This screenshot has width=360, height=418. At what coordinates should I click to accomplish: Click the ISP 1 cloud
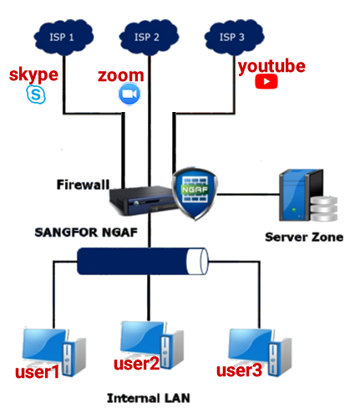(x=63, y=38)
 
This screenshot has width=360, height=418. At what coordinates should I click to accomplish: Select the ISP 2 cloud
(x=149, y=38)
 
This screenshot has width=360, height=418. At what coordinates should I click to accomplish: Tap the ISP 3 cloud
(x=234, y=38)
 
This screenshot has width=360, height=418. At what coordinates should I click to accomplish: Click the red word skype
(x=33, y=74)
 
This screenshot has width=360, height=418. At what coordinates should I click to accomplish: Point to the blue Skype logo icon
(x=36, y=94)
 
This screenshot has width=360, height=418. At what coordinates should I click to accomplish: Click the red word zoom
(x=121, y=75)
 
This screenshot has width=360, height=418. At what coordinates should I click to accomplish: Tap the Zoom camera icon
(x=129, y=94)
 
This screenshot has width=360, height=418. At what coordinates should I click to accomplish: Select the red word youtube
(x=271, y=67)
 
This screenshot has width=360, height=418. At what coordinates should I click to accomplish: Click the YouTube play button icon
(x=266, y=81)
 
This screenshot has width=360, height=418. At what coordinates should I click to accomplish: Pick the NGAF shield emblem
(x=195, y=193)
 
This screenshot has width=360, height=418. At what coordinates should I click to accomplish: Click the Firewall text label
(x=83, y=185)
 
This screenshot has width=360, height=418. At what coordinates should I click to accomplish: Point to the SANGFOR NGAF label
(x=86, y=232)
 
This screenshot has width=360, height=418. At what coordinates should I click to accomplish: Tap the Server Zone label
(x=304, y=237)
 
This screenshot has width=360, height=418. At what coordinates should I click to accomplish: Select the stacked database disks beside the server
(x=324, y=208)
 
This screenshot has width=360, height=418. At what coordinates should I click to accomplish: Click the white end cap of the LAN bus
(x=197, y=262)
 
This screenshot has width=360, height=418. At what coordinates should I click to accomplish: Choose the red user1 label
(x=38, y=372)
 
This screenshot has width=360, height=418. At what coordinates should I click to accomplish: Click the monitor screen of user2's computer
(x=142, y=338)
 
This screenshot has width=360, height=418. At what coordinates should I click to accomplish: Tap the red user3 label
(x=239, y=370)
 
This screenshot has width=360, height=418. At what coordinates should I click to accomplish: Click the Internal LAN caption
(x=149, y=398)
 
